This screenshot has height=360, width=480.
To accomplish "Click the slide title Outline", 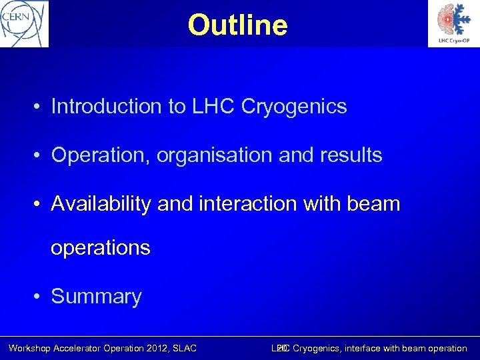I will click(x=238, y=25).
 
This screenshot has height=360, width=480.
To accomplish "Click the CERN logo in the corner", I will click(x=25, y=23).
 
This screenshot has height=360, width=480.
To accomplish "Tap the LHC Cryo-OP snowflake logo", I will click(x=453, y=23).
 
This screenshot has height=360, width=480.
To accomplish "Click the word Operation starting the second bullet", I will click(x=101, y=155).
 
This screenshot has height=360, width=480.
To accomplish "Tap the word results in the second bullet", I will click(x=351, y=155).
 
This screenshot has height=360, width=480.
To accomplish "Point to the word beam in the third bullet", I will click(x=375, y=204).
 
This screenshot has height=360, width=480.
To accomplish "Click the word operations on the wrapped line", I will click(x=101, y=247).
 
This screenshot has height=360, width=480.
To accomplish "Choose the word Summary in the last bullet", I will click(x=96, y=297).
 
